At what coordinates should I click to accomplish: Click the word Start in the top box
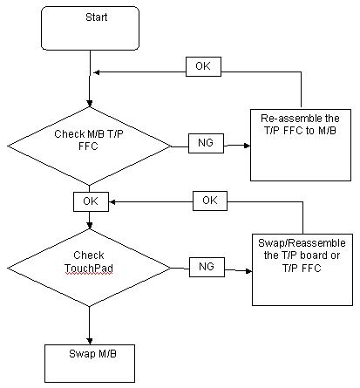(97, 17)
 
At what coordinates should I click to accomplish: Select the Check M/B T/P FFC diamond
(89, 146)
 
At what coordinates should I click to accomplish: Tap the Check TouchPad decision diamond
(89, 268)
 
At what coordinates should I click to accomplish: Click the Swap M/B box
(90, 364)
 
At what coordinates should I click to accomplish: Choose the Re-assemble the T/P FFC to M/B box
(301, 145)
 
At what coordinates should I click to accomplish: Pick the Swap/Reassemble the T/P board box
(302, 269)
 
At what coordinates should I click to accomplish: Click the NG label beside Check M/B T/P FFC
(206, 143)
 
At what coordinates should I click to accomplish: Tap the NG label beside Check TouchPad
(207, 267)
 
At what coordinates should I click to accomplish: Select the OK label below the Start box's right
(203, 66)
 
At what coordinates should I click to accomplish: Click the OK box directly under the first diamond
(91, 201)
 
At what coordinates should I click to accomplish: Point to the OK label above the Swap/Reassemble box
(210, 201)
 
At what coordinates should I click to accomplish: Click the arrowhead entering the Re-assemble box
(248, 146)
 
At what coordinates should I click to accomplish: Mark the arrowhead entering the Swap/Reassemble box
(249, 271)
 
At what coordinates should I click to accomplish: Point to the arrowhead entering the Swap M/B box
(90, 341)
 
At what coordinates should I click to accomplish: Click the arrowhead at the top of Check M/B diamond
(90, 104)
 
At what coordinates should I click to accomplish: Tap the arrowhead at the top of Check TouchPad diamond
(90, 226)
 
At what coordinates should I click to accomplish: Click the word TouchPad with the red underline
(89, 268)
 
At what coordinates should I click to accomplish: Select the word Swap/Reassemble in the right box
(302, 243)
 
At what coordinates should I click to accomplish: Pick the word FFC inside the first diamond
(88, 146)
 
